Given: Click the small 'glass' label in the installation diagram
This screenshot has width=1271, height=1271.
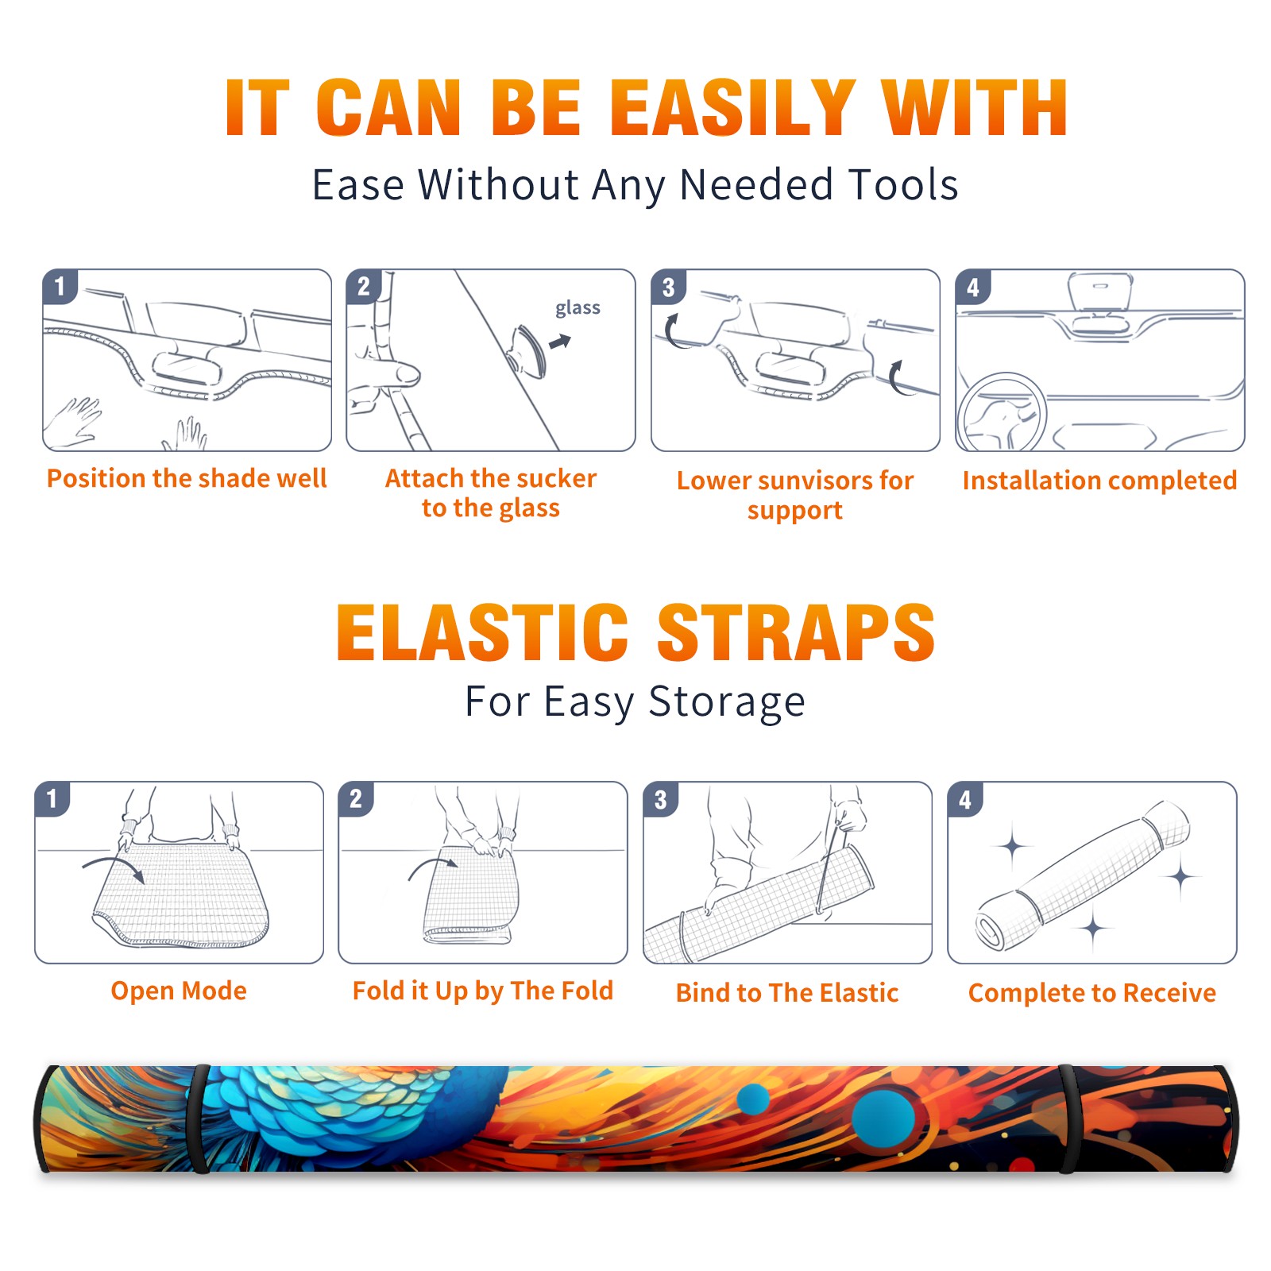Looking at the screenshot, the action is pos(578,308).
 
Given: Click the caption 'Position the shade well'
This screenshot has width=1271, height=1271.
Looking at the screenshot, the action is pos(187,478).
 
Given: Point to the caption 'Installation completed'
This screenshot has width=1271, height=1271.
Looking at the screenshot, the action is pos(1099,481).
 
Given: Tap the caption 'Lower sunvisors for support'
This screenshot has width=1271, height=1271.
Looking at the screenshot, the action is pos(795,495).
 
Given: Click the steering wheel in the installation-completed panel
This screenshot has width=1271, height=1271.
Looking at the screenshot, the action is pos(1002,413).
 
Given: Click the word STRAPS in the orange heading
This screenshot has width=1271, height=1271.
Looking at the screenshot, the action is pos(796,632).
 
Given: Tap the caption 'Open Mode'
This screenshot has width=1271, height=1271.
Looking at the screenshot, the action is pos(179,991).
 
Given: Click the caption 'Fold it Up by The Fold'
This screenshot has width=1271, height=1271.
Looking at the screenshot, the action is pos(483,991).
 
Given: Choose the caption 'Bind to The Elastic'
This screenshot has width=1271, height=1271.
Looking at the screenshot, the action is pos(787,993).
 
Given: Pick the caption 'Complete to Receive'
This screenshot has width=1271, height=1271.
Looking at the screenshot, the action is pos(1092,993).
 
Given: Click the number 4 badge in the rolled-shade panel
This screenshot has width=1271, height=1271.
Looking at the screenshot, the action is pos(965,799).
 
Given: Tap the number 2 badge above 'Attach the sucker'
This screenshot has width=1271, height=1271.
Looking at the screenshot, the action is pos(364,286).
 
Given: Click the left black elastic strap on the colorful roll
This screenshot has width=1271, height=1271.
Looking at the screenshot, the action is pos(199,1118).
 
